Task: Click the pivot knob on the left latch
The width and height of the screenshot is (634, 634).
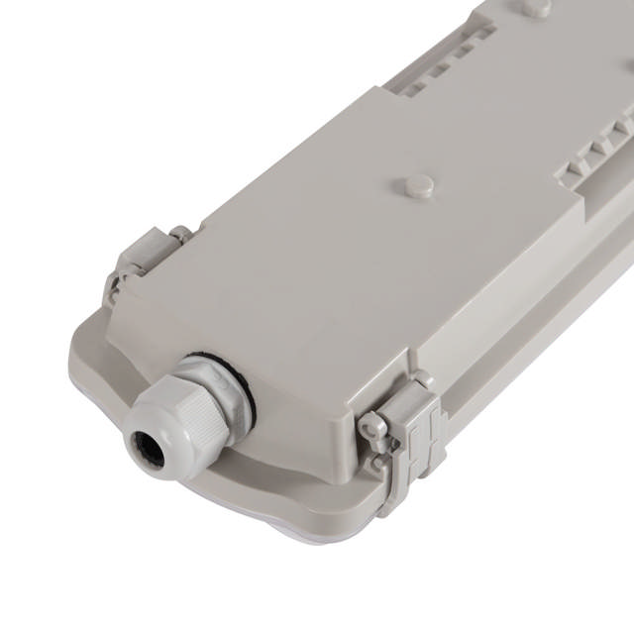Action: tap(179, 235)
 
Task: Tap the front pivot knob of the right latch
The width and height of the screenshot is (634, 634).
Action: tap(373, 427)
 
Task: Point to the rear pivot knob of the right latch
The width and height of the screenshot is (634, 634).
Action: tap(422, 380)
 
